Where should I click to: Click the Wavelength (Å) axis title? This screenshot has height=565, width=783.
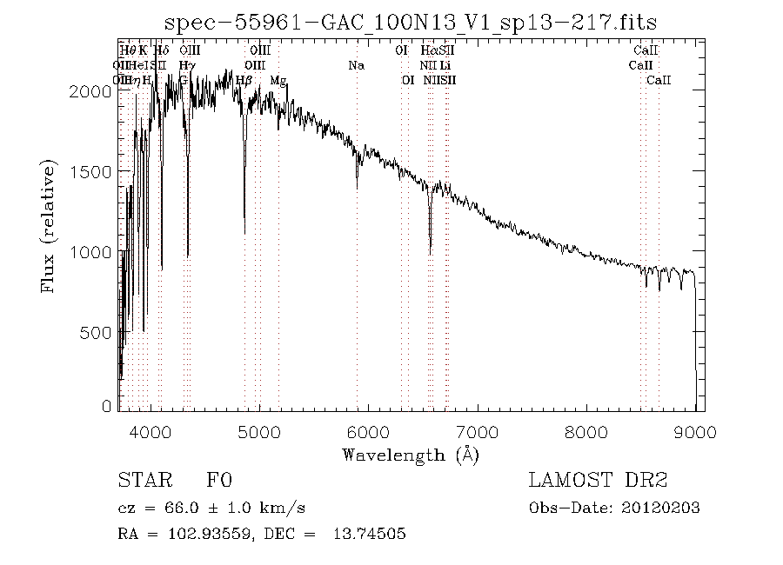411,455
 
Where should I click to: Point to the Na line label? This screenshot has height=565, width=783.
356,65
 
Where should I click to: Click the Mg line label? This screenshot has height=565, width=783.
278,80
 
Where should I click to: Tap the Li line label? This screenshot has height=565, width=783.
445,65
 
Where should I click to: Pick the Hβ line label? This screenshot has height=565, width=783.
244,80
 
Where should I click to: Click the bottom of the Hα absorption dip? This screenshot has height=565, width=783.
430,253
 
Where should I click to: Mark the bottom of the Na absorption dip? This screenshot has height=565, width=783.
357,188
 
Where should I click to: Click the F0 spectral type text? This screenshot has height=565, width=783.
218,480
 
